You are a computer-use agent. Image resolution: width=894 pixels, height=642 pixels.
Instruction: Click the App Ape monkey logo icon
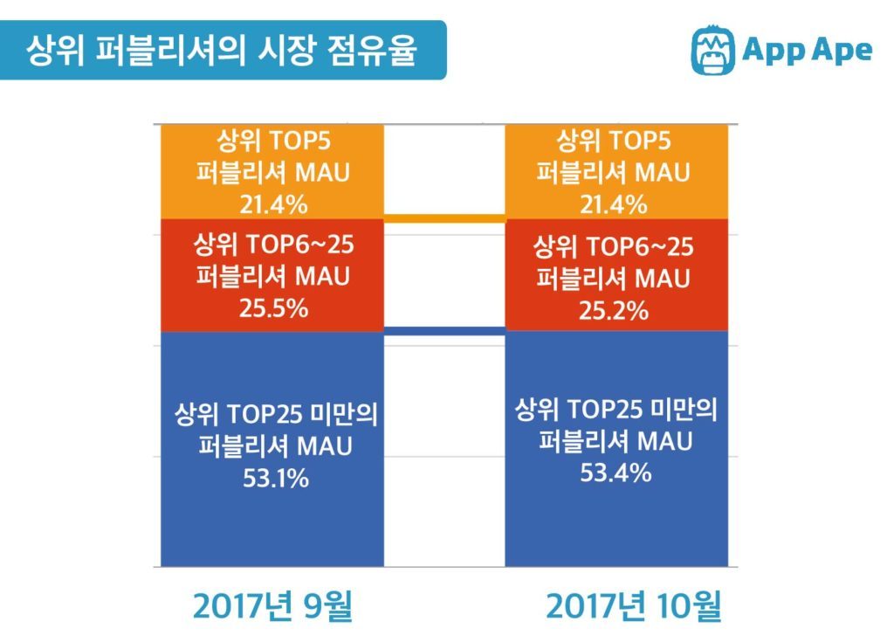[x=712, y=51]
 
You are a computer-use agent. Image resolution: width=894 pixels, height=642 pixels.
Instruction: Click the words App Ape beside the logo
[x=807, y=50]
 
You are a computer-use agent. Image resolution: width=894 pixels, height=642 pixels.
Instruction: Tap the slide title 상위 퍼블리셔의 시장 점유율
[x=222, y=50]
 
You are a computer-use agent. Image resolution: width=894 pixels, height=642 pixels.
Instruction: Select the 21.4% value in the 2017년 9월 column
[x=273, y=204]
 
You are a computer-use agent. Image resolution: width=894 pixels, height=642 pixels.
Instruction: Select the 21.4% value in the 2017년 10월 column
[x=614, y=204]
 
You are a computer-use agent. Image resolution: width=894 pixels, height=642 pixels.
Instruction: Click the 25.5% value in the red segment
[x=273, y=308]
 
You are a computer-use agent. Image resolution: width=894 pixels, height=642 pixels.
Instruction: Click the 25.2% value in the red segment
[x=614, y=308]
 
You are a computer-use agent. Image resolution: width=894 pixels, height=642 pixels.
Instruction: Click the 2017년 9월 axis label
[x=272, y=606]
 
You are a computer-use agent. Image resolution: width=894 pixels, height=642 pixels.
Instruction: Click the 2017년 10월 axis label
[x=635, y=606]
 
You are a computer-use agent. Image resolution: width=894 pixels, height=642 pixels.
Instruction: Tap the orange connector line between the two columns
[x=444, y=217]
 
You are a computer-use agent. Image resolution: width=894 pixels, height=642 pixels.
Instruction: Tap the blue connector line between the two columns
[x=444, y=330]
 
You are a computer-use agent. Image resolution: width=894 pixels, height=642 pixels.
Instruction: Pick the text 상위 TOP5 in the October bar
[x=614, y=140]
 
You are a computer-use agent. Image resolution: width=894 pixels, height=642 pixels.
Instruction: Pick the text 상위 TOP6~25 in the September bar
[x=273, y=244]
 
